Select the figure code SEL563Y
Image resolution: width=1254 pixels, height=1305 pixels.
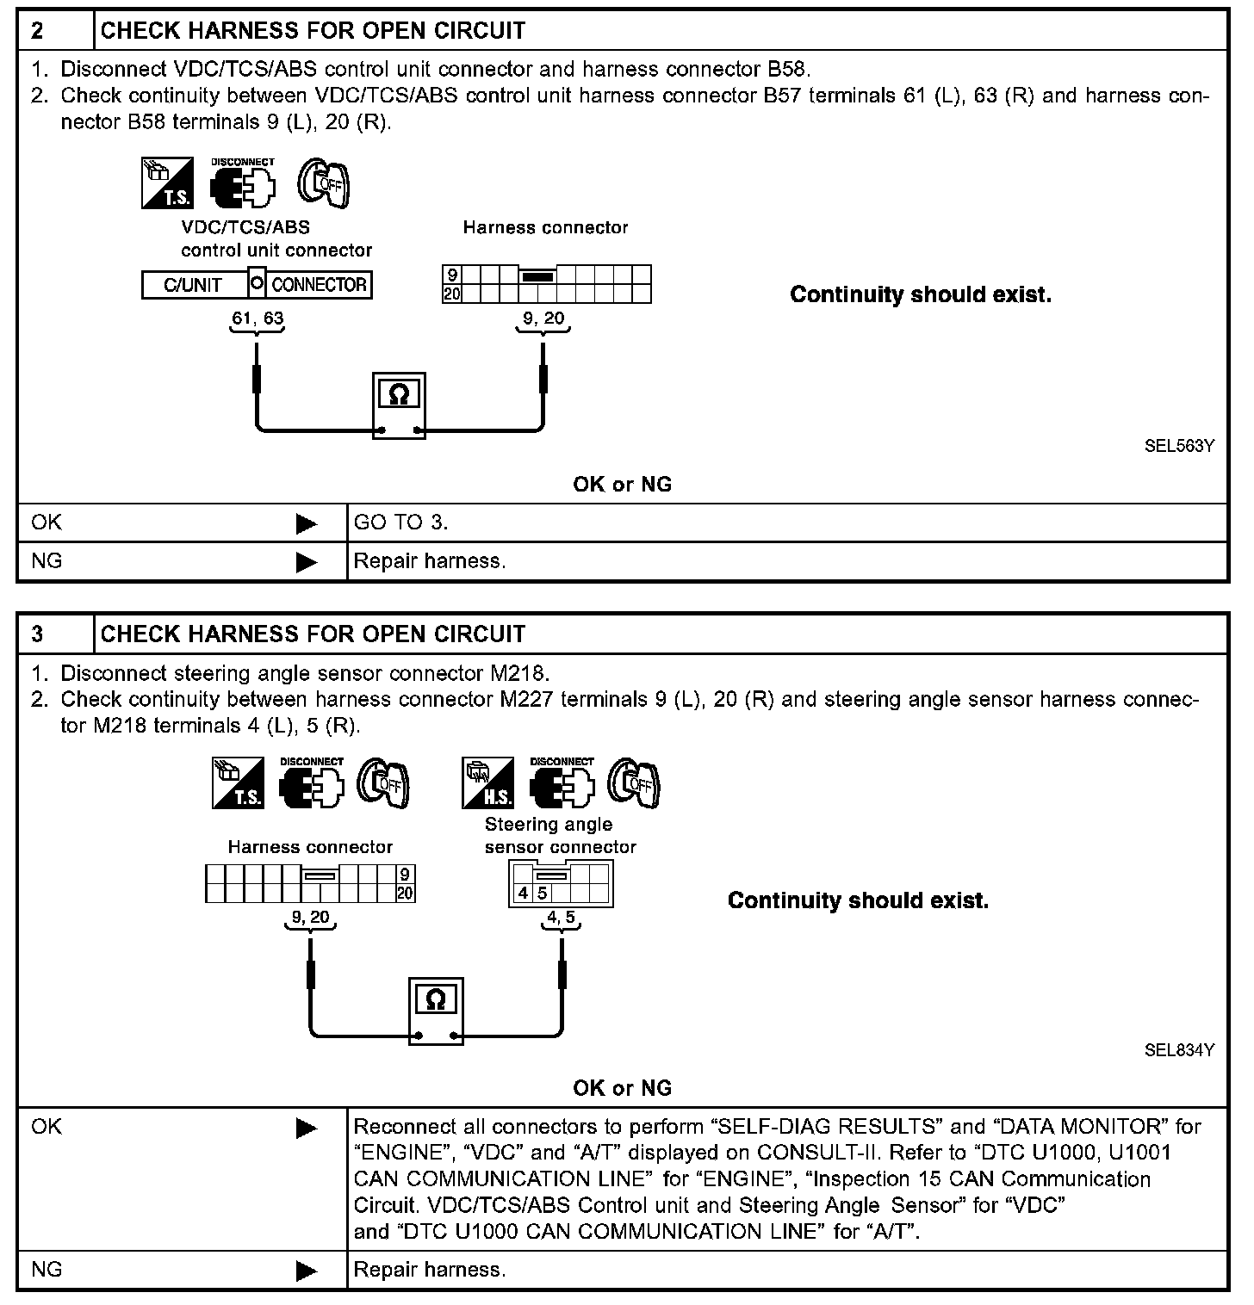click(1179, 446)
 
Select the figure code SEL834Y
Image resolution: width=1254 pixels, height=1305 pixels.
click(1179, 1050)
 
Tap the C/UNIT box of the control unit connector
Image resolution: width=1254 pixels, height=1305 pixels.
click(194, 285)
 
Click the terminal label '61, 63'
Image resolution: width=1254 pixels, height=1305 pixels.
click(258, 319)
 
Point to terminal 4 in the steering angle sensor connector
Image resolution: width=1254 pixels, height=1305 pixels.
click(523, 894)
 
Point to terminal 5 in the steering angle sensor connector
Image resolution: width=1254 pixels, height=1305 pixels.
click(543, 894)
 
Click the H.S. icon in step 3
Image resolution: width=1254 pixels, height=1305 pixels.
click(487, 782)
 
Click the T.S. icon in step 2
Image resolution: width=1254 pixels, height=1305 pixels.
click(167, 182)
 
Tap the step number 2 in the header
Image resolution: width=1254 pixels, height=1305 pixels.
click(37, 31)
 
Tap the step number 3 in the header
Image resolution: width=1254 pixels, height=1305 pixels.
click(37, 634)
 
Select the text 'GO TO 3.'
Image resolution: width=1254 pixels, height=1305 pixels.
click(401, 523)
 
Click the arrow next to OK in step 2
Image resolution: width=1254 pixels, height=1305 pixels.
click(307, 523)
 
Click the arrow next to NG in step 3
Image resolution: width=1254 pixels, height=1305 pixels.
click(307, 1270)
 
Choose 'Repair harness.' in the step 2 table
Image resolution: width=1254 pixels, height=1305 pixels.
click(430, 561)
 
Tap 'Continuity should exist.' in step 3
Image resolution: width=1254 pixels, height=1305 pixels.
click(858, 901)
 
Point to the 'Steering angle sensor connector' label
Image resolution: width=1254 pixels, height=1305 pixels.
click(560, 835)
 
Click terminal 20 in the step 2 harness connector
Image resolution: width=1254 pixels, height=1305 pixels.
click(452, 294)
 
